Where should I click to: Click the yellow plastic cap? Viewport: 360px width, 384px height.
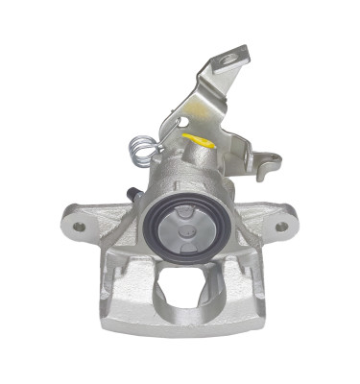pos(200,141)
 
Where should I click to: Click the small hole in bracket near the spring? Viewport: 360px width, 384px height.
pos(179,122)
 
